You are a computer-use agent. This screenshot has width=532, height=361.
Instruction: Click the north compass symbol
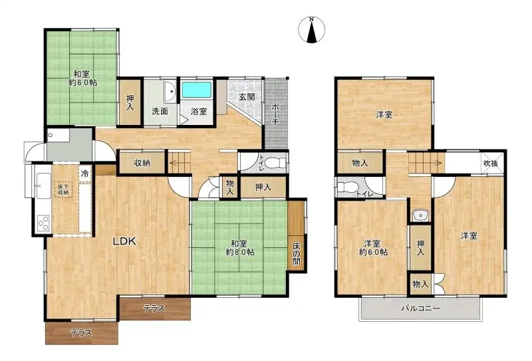(x=311, y=30)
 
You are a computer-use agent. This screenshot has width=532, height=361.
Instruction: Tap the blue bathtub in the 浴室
(x=197, y=90)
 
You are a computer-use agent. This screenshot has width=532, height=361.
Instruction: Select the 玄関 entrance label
(x=247, y=96)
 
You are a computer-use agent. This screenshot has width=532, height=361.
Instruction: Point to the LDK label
(x=124, y=241)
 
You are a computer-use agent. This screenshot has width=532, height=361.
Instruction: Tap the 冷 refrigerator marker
(x=85, y=174)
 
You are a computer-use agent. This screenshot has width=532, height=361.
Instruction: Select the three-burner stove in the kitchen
(x=43, y=223)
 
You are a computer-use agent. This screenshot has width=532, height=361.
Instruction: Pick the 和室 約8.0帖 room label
(x=240, y=248)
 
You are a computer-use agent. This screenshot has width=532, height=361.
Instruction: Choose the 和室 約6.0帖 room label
(x=82, y=78)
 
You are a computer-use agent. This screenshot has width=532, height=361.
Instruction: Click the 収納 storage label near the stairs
(x=142, y=163)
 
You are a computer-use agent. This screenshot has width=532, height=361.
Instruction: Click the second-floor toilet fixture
(x=346, y=187)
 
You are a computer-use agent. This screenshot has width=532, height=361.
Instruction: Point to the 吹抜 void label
(x=491, y=163)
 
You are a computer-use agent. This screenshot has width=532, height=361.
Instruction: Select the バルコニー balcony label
(x=421, y=308)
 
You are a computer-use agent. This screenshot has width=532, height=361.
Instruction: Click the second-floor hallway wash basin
(x=420, y=215)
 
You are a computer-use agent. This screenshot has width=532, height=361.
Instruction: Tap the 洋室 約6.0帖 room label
(x=373, y=248)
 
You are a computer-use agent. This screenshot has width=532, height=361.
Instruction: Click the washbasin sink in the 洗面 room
(x=170, y=91)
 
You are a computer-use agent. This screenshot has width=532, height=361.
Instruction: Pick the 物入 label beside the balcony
(x=420, y=285)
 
